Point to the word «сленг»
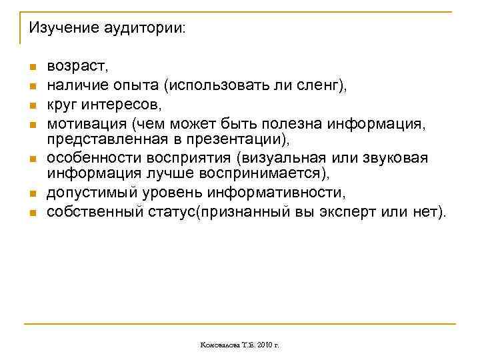click(321, 85)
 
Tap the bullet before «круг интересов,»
click(31, 105)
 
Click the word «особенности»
click(90, 158)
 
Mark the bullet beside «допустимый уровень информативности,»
click(31, 195)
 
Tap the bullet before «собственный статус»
click(31, 213)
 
